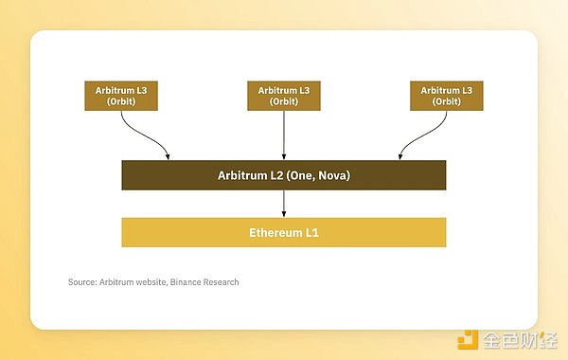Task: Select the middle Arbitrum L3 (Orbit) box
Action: (x=284, y=97)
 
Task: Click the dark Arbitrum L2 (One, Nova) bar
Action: (x=283, y=175)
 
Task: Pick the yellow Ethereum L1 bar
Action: (x=283, y=232)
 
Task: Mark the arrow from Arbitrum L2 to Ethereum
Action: (x=284, y=204)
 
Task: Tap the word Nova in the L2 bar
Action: (x=331, y=175)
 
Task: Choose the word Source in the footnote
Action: (x=81, y=282)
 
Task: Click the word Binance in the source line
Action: (x=189, y=282)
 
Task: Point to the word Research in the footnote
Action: (x=221, y=282)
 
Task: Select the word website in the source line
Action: (x=150, y=282)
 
